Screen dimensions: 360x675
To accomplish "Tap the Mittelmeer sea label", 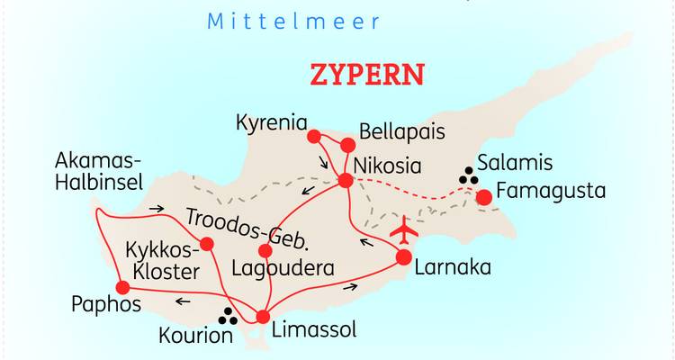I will pos(293,21).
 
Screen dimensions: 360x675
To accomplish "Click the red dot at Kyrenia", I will pos(314,137).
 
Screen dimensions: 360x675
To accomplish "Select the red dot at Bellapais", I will pos(348,144).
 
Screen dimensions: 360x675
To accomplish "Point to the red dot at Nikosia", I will pos(345,181).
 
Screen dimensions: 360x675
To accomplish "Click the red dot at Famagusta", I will pos(484,197).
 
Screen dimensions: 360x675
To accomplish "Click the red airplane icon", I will pos(405,231).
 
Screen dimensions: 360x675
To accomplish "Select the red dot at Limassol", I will pos(263,317).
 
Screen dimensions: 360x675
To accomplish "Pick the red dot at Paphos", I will pos(123,288).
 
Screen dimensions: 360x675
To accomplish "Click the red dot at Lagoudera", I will pos(265,250).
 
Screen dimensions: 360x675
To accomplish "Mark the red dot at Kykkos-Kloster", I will pos(207,243).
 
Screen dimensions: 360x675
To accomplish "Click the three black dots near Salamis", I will pos(468,176).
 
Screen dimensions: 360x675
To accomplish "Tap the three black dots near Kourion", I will pos(229,317).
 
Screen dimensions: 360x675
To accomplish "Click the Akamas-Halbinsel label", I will pos(99,171).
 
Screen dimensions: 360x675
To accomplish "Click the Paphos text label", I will pos(106,304).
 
